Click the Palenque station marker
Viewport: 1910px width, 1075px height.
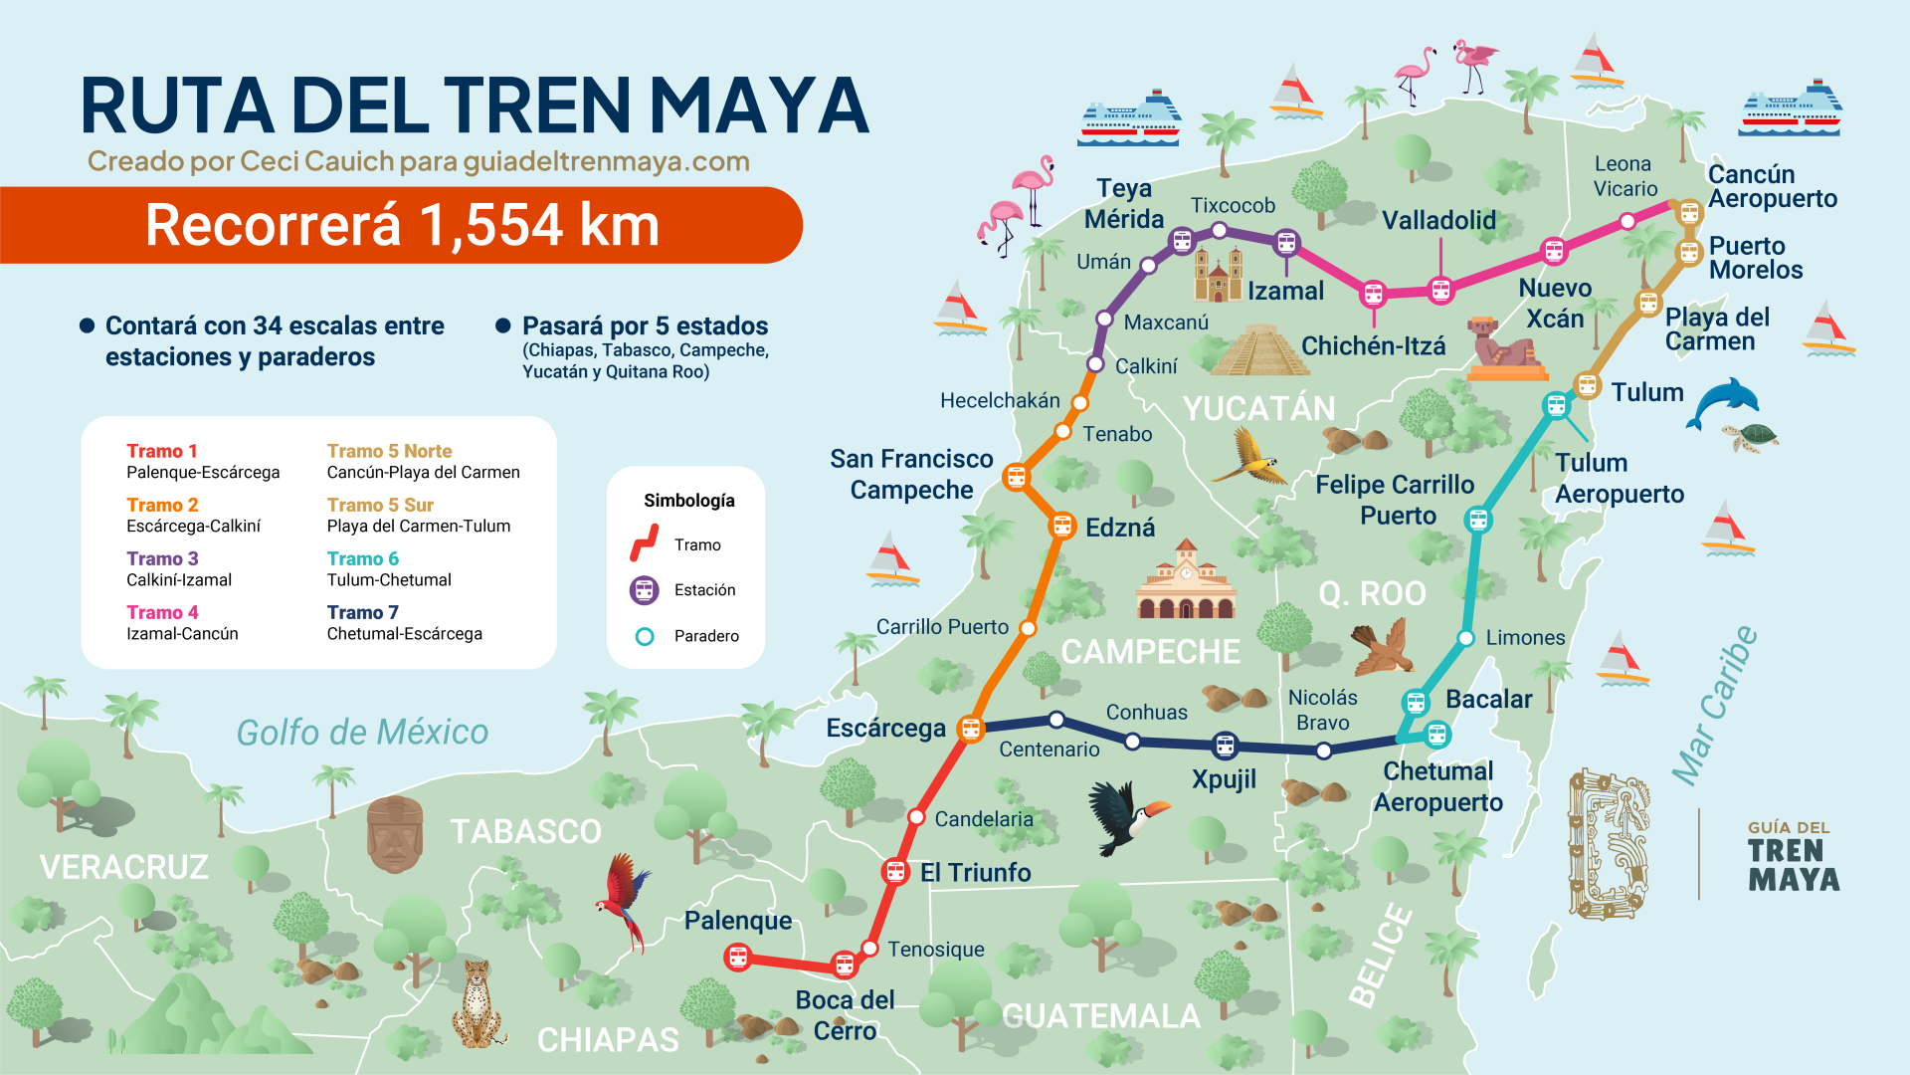point(738,958)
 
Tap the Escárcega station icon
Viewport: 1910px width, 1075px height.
point(971,729)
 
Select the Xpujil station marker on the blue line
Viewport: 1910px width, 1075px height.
point(1226,745)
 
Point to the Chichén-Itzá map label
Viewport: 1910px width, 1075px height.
point(1373,346)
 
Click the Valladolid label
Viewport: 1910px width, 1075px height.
point(1438,220)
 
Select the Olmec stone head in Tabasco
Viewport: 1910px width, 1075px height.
point(395,834)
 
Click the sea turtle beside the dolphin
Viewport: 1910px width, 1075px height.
point(1753,436)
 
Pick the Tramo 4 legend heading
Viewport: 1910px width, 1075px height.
point(162,612)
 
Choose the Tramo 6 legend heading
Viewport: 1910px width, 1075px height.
point(363,558)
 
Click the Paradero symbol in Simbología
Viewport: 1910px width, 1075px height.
point(645,636)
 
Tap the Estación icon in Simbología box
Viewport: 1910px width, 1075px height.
point(645,590)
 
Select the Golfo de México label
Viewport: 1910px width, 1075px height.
point(362,733)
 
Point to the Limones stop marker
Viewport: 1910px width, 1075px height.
point(1465,638)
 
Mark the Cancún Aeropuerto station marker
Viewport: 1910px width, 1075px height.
point(1689,212)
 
